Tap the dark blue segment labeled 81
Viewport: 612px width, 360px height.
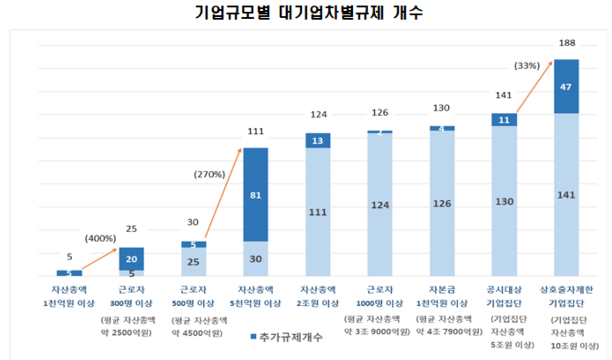click(x=255, y=194)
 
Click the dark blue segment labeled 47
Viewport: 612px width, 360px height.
click(x=566, y=86)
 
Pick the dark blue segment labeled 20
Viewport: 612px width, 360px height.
click(x=131, y=258)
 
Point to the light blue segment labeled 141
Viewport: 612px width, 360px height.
click(x=566, y=194)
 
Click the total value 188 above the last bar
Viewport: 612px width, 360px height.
click(x=567, y=43)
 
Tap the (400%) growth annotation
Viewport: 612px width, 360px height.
click(x=100, y=238)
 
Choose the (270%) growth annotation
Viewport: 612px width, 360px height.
click(x=209, y=174)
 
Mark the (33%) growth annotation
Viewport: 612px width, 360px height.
click(x=526, y=66)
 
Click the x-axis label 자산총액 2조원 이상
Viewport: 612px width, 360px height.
click(x=318, y=297)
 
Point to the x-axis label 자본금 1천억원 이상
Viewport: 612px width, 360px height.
click(x=442, y=297)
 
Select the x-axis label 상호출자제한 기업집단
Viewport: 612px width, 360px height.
click(x=566, y=297)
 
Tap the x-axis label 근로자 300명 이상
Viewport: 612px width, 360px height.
click(x=132, y=297)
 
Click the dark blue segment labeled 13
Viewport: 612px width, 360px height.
click(x=318, y=140)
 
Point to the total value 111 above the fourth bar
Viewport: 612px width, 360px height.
click(x=255, y=131)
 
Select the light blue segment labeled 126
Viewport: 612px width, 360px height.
click(x=442, y=203)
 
